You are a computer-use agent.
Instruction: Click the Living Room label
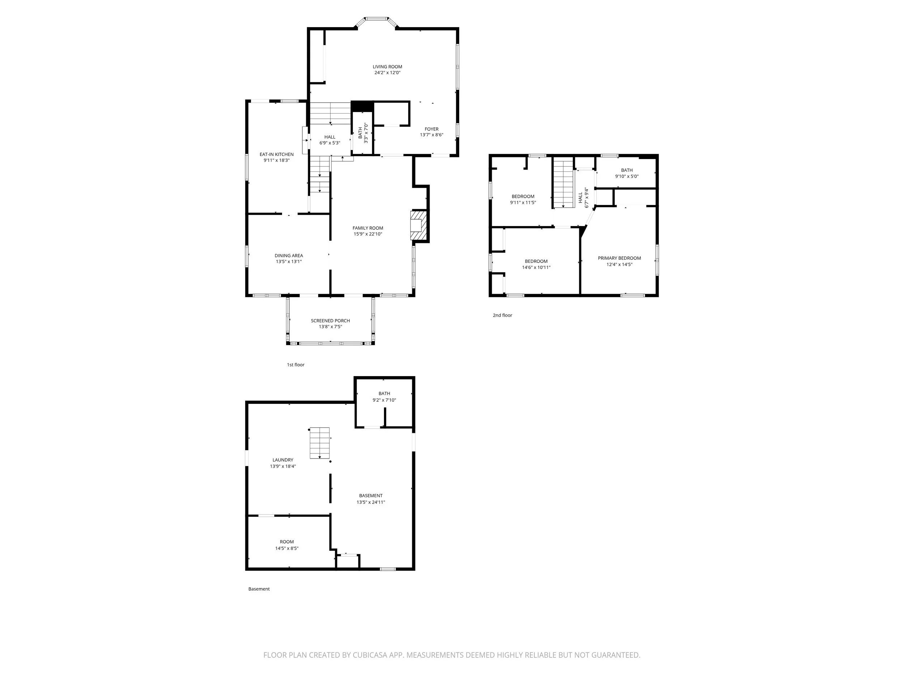[x=387, y=67]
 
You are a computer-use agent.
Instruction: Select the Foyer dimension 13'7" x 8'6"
[x=431, y=135]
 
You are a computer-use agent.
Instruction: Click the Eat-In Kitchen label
[x=276, y=154]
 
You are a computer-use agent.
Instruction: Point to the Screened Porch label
[x=330, y=321]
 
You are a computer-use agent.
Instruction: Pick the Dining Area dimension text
[x=289, y=262]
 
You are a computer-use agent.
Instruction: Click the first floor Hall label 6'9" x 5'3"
[x=329, y=140]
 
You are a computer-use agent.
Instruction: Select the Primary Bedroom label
[x=619, y=258]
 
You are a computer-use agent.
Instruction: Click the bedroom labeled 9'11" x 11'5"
[x=523, y=200]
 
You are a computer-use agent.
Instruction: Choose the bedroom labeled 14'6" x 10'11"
[x=536, y=264]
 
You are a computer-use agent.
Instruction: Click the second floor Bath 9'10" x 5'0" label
[x=627, y=170]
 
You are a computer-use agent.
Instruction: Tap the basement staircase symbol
[x=320, y=443]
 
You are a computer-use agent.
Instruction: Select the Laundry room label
[x=283, y=460]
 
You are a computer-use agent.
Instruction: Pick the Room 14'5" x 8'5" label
[x=286, y=542]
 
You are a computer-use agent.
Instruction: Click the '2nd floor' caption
[x=502, y=316]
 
